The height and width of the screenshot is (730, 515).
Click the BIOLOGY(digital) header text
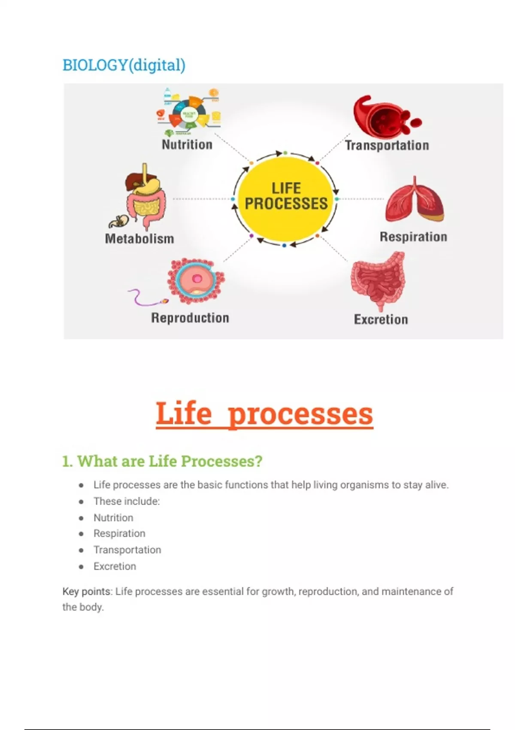(124, 65)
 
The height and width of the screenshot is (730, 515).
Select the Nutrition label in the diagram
(187, 144)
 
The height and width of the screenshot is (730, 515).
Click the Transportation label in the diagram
(387, 145)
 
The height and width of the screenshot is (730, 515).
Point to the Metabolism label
(139, 239)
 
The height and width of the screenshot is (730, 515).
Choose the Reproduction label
(190, 318)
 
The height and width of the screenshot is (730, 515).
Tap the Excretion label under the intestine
(381, 319)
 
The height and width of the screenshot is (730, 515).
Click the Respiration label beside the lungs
(413, 237)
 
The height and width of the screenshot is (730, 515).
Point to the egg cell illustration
(196, 280)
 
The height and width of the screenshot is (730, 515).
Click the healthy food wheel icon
(189, 113)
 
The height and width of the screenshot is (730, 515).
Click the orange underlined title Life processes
(264, 414)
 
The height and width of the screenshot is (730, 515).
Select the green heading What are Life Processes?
(162, 461)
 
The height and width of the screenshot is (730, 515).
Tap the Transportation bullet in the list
(127, 550)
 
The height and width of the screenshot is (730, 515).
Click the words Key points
(86, 591)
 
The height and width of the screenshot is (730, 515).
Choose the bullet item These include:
(127, 501)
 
